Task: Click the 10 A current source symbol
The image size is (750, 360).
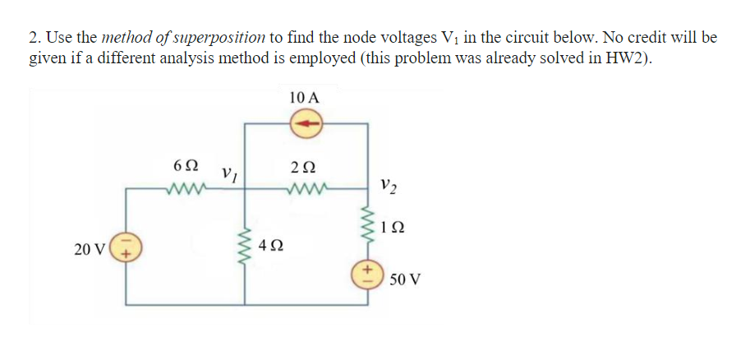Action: coord(305,125)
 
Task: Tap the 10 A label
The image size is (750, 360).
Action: coord(305,96)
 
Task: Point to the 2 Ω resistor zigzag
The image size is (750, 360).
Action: coord(305,191)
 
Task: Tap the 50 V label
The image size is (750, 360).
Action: coord(405,279)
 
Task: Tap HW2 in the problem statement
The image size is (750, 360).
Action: coord(629,59)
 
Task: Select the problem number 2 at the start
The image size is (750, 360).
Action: coord(34,38)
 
